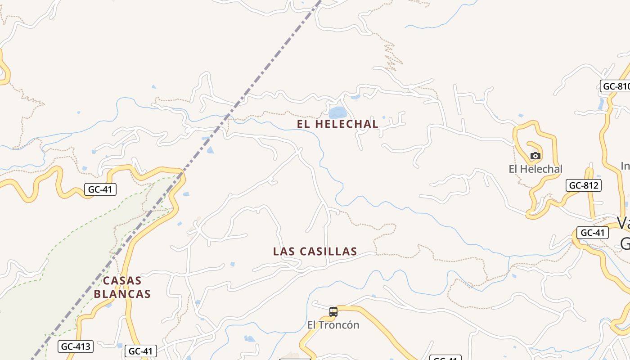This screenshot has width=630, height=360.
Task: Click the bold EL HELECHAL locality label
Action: click(x=337, y=124)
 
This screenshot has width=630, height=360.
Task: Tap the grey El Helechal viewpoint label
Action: click(x=535, y=169)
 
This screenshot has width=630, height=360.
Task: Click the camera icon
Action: click(x=535, y=156)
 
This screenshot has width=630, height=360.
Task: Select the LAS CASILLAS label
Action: click(x=315, y=252)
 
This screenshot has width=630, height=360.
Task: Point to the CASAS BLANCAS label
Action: click(x=122, y=287)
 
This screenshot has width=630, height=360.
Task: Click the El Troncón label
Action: click(x=333, y=325)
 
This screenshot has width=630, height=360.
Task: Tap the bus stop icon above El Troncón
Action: click(x=333, y=311)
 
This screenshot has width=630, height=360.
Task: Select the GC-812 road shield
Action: click(x=583, y=185)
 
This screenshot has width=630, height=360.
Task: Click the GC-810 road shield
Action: click(x=615, y=86)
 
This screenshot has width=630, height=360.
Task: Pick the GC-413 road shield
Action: click(x=76, y=346)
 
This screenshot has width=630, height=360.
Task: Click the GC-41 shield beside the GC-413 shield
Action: click(x=140, y=351)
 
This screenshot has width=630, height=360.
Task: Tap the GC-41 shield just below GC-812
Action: click(x=593, y=233)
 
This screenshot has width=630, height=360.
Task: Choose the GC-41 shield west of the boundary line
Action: click(x=100, y=189)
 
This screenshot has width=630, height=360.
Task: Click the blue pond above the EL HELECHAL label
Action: click(x=338, y=112)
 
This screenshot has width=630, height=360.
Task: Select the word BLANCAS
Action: click(x=122, y=294)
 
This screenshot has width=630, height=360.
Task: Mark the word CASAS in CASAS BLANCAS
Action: click(x=122, y=281)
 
